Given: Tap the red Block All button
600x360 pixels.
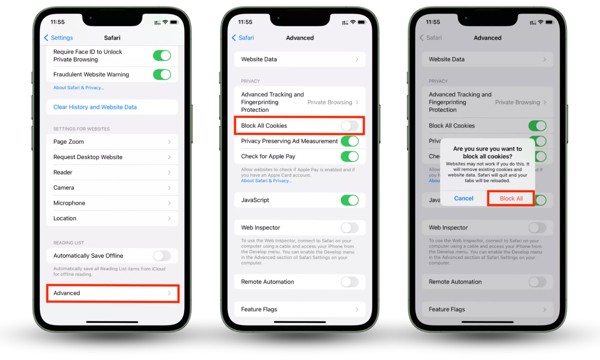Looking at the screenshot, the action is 511,198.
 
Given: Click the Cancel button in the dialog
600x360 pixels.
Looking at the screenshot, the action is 463,198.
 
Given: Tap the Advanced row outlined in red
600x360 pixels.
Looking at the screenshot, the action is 113,293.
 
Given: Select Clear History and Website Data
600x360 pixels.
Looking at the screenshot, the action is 95,107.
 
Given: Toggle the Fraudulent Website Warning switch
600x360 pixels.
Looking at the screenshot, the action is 162,74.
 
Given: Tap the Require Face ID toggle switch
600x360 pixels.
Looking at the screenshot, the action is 162,55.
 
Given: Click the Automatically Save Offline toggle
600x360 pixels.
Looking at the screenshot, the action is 162,256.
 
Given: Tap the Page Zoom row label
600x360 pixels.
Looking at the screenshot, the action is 68,142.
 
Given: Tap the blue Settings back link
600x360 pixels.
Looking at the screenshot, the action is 59,38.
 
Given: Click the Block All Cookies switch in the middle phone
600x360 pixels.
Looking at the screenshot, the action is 350,126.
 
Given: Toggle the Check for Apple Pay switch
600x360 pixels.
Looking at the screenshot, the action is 350,156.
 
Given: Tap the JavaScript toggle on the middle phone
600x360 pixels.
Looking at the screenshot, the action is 350,200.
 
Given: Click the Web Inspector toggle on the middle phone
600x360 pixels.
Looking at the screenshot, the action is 350,228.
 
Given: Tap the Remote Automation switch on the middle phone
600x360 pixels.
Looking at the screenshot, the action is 350,282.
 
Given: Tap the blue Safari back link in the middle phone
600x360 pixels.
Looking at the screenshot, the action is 243,38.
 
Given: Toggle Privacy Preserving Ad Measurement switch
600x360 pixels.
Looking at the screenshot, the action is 350,141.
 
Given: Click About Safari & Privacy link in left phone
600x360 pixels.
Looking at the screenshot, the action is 79,88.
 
